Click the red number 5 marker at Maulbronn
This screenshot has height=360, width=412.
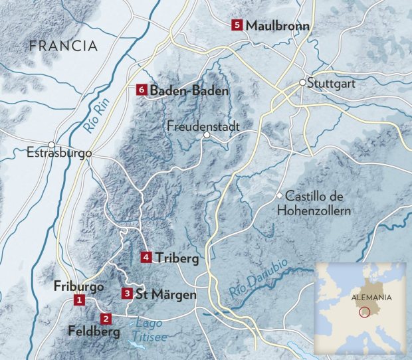[237, 25]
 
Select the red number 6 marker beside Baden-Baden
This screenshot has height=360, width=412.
[140, 90]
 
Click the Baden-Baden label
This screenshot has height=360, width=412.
[189, 90]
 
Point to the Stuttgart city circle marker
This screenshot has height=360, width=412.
[302, 83]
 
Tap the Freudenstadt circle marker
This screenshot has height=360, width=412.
[207, 135]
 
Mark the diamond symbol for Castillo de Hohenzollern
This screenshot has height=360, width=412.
[280, 195]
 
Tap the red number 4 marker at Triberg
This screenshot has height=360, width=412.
[147, 257]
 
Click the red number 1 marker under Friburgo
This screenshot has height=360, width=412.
[80, 301]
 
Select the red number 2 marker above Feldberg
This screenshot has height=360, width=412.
[105, 317]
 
